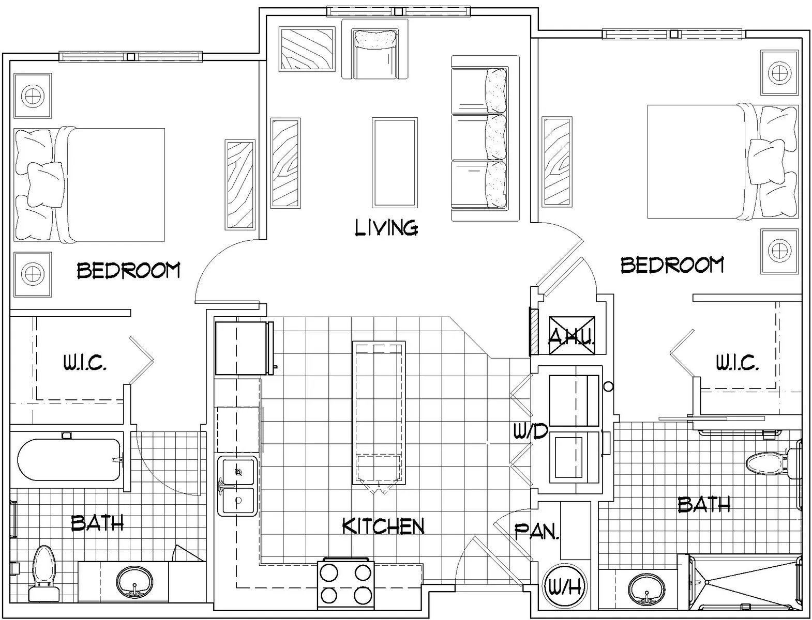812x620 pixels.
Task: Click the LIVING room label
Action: pyautogui.click(x=386, y=228)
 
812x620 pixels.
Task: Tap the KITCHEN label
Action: pyautogui.click(x=383, y=526)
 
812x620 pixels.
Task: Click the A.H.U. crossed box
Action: pyautogui.click(x=571, y=336)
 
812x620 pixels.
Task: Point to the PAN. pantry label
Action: pyautogui.click(x=537, y=532)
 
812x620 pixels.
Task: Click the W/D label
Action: pyautogui.click(x=530, y=431)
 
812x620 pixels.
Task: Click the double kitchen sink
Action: pyautogui.click(x=237, y=486)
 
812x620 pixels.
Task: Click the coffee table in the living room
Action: pyautogui.click(x=395, y=162)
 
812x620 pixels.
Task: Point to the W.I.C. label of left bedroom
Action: pyautogui.click(x=85, y=364)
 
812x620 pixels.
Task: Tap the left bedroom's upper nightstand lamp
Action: pyautogui.click(x=32, y=96)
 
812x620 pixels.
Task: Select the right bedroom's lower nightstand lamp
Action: pyautogui.click(x=779, y=251)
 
